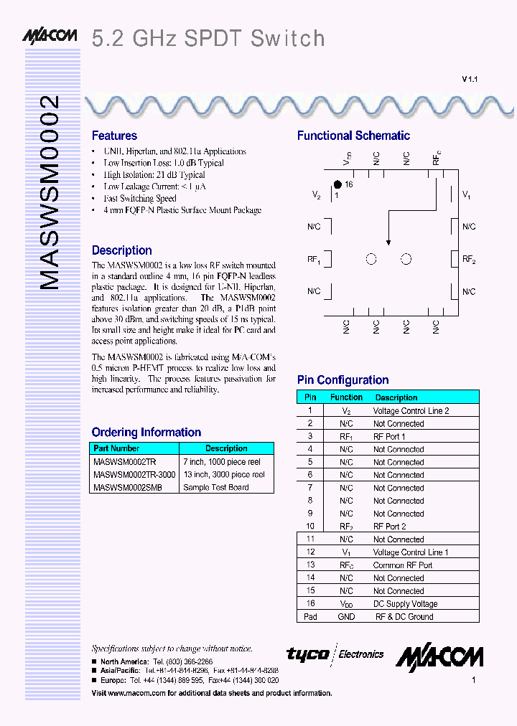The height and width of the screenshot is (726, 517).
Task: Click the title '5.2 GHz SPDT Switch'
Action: coord(208,38)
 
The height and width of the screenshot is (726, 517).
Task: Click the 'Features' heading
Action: coord(114,136)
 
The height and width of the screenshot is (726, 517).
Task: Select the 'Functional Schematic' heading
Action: coord(353,136)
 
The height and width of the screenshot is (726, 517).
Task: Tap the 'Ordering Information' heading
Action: coord(146,432)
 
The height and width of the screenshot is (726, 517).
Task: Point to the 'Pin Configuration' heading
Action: coord(343,380)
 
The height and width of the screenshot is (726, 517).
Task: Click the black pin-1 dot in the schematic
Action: coord(337,184)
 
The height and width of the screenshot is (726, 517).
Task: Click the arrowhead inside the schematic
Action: coord(388,242)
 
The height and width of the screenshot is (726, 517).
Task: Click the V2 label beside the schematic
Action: coord(317,195)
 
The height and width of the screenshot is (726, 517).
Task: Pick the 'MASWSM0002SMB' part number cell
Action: coord(128,487)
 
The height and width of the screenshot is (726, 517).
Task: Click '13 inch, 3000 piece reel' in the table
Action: coord(223,474)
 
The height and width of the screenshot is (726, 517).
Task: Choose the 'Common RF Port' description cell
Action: coord(402,565)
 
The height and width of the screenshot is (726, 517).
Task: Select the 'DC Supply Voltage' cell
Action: coord(405,604)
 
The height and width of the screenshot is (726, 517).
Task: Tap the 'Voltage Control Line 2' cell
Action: coord(411,411)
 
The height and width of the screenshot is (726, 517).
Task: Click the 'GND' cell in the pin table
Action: coord(346,617)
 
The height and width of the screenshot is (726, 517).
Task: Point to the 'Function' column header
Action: coord(346,397)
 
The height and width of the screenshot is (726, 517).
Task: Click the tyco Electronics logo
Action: coord(335,654)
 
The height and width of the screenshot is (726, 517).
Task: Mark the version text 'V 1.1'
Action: coord(470,80)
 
